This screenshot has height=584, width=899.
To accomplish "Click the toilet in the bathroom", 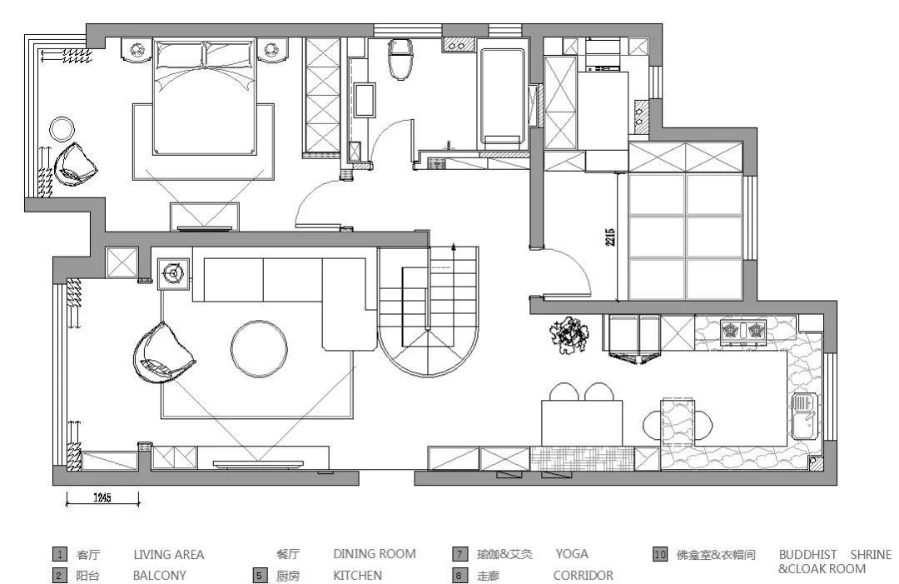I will coord(401,60).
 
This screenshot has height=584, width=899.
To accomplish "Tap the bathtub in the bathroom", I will coord(502,96).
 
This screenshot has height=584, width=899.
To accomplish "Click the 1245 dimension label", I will coord(102,497).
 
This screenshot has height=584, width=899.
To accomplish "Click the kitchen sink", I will coord(803,416).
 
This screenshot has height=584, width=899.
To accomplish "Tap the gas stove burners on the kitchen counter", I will coord(743,331).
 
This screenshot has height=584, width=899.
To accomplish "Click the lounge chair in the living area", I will coord(162,356).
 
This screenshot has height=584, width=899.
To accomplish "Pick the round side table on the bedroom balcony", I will coord(62,129).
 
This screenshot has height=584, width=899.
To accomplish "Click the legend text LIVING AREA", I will coord(168,554).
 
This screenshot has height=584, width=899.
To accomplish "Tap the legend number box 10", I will coord(660,554).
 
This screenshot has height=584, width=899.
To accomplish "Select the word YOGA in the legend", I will coord(571,554).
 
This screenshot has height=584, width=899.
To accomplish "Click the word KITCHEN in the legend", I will coord(357,575).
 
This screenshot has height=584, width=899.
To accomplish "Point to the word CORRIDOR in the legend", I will coord(583,575).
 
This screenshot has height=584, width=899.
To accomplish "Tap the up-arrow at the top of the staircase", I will coord(454,247).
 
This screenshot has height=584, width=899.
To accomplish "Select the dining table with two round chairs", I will coord(582,422).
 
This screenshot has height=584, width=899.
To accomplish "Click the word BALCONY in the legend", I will coord(159,575).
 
